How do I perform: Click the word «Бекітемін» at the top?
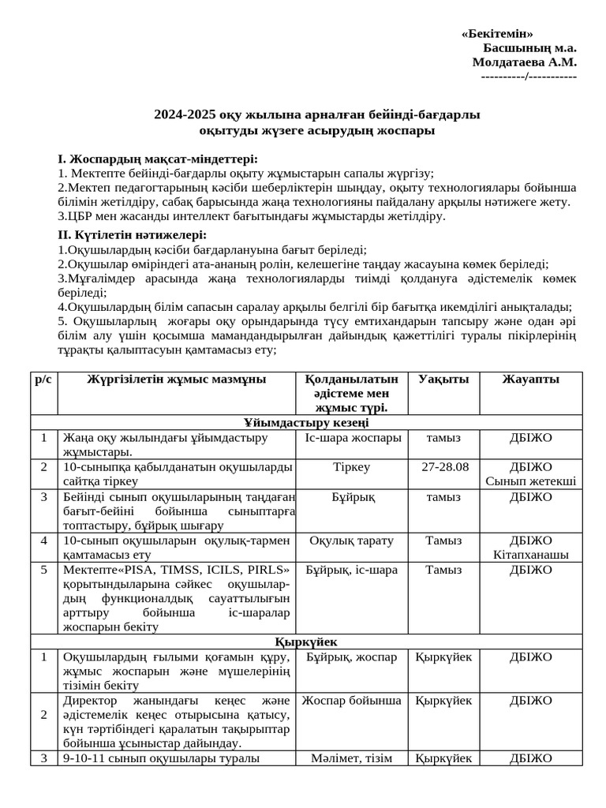pos(496,34)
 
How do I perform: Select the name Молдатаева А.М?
pos(524,62)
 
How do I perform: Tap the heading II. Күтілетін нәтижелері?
pos(133,235)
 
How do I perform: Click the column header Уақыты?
pos(443,380)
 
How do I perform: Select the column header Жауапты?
pos(530,380)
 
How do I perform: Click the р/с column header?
pos(43,380)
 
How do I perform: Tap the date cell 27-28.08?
pos(444,467)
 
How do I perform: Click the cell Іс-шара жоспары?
pos(352,437)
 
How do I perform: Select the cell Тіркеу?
pos(352,467)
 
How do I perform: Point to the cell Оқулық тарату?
pos(352,541)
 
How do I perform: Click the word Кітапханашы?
pos(530,555)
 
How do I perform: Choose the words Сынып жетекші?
pos(530,481)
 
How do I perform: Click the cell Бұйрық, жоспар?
pos(352,656)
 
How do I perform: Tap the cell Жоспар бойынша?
pos(352,701)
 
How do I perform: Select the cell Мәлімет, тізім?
pos(352,758)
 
